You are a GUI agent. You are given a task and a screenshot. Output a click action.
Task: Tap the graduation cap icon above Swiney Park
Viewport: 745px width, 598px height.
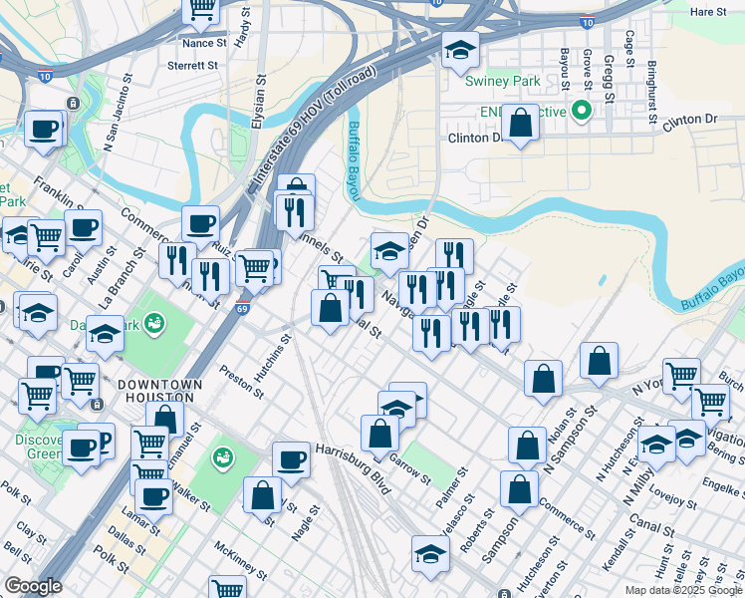(460, 49)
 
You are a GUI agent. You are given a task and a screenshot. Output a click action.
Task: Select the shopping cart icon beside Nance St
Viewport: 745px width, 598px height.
(202, 10)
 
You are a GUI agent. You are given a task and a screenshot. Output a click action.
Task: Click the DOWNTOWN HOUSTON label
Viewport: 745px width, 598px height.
(159, 391)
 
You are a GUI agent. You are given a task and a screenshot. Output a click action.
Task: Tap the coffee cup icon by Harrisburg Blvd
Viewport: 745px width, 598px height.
(291, 459)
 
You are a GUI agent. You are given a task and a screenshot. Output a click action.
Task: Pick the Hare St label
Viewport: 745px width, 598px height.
(709, 11)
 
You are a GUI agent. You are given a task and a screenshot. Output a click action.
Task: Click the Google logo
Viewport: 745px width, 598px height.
(33, 586)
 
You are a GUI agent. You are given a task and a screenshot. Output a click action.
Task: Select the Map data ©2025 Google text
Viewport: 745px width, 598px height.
(682, 590)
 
